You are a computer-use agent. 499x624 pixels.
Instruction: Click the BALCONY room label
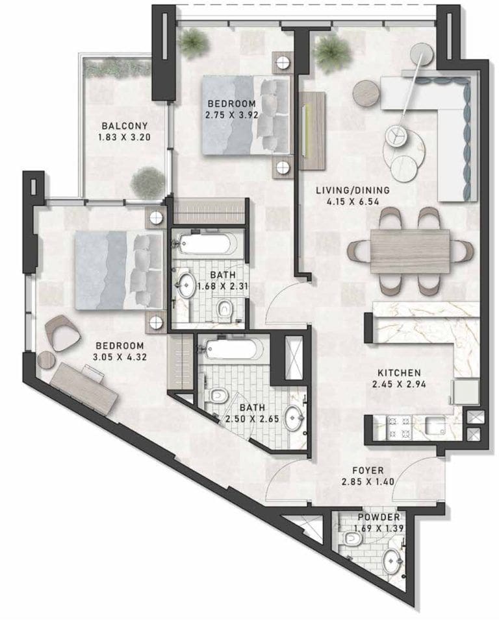[124, 126]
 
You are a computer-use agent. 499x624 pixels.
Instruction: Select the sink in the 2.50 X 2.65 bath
[294, 418]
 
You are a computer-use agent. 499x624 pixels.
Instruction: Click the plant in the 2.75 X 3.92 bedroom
[193, 42]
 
